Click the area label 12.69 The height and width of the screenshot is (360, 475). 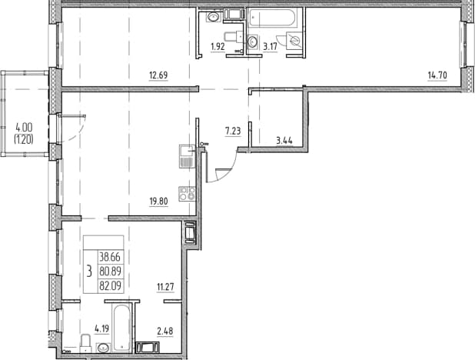pos(158,75)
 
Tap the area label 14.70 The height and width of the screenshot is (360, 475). pos(437,75)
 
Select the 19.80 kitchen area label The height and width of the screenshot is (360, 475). pos(158,202)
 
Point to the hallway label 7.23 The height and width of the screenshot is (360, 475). pos(233,132)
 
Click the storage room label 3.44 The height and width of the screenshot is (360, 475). pos(284,141)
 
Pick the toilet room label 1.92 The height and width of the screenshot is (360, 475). pos(218,47)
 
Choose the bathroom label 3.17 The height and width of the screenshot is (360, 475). pos(270,47)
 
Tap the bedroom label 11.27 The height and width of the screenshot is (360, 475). pos(165,287)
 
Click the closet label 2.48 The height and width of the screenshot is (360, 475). pos(164,332)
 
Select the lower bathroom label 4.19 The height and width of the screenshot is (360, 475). pos(101,328)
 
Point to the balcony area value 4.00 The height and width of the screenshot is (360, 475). pos(24,128)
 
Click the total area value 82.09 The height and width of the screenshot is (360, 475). pos(110,285)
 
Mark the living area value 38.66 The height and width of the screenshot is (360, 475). pos(110,257)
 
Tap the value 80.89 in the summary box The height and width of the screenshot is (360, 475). pos(110,272)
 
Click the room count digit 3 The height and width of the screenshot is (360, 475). pos(89,271)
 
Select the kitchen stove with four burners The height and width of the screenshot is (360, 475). pos(187,194)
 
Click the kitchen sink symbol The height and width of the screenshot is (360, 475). pos(186,156)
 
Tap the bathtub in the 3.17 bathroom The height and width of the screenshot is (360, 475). pos(271,18)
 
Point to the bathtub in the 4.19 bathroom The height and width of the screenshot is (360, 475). pos(122,328)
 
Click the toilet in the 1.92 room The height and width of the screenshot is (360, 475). pos(234,37)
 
